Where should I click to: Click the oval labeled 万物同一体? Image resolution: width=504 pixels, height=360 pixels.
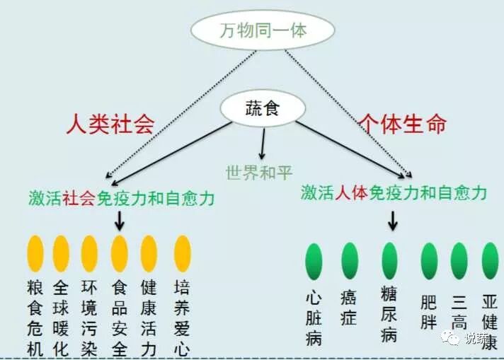coord(261,30)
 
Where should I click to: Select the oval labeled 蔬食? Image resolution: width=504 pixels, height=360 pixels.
coord(263,108)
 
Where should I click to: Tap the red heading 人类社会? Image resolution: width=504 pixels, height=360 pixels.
coord(110,124)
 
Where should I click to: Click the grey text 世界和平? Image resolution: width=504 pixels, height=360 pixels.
coord(258,171)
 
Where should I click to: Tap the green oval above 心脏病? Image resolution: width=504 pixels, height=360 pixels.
coord(313,261)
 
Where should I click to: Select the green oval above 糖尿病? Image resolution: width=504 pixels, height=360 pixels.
coord(389,261)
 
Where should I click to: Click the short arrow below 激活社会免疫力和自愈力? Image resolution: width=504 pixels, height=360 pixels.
coord(119,221)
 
